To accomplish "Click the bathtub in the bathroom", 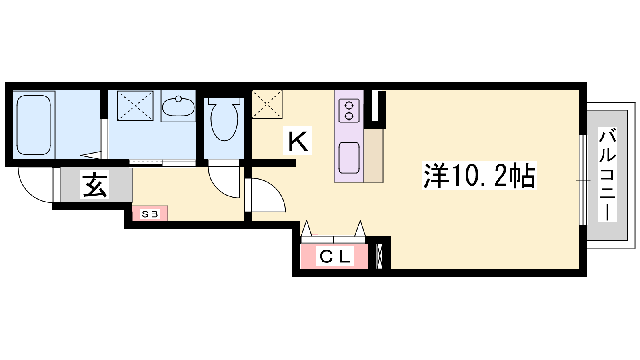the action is point(34,125).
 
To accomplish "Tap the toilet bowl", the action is point(224,120).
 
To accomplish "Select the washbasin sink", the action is point(178,106).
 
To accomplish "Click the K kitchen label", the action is point(298,141).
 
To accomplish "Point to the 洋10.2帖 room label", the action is point(479,176).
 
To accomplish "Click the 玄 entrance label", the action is point(95,184).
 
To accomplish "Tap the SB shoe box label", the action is point(150,214).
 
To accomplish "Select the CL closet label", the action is point(335,256).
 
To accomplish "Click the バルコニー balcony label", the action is point(607,174).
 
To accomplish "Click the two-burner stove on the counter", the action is point(349,110).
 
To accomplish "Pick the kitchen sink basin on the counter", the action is point(349,158).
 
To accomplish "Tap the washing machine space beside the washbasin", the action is point(135,106).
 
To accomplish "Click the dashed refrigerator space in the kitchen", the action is point(267,104).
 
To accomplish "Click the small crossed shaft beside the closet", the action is point(380,256).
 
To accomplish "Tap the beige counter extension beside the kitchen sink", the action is point(373,156).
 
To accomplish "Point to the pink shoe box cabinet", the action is point(150,214).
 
